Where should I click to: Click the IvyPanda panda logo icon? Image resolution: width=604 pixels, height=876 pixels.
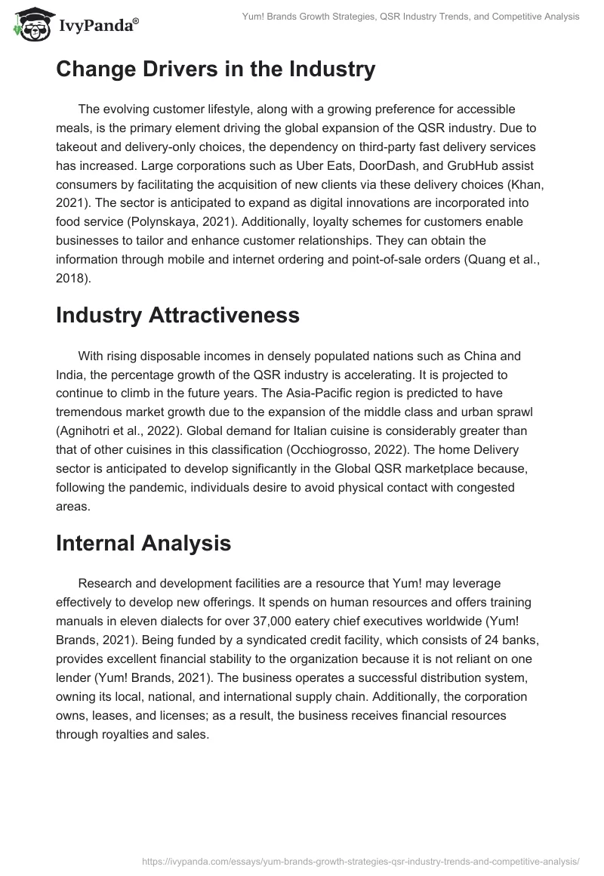click(x=30, y=25)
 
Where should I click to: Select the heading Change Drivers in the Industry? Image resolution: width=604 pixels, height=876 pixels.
click(x=215, y=69)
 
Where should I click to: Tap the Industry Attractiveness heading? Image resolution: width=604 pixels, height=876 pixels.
click(x=177, y=315)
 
